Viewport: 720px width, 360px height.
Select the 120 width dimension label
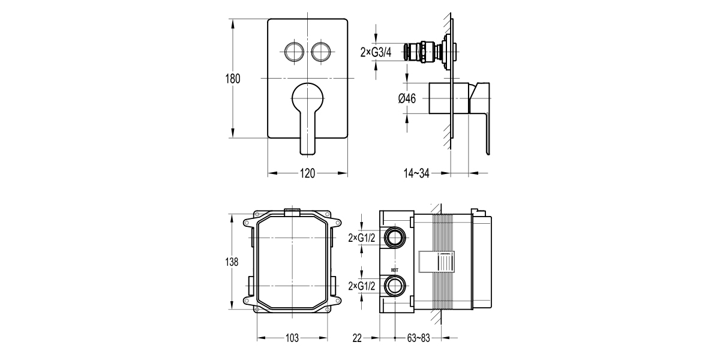pyautogui.click(x=307, y=174)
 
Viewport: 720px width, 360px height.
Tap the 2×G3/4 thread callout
pyautogui.click(x=376, y=52)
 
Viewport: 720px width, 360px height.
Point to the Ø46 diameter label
pyautogui.click(x=407, y=99)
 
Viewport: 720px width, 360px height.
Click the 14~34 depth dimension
pyautogui.click(x=416, y=174)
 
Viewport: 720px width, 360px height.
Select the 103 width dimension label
pyautogui.click(x=292, y=338)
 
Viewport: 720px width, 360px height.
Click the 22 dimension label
pyautogui.click(x=358, y=338)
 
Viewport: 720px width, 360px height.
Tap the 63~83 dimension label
pyautogui.click(x=419, y=338)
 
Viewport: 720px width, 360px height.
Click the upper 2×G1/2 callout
pyautogui.click(x=362, y=238)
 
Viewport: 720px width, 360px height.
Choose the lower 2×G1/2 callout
pyautogui.click(x=362, y=286)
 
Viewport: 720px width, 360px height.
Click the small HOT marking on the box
pyautogui.click(x=394, y=271)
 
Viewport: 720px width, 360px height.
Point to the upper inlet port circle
pyautogui.click(x=394, y=238)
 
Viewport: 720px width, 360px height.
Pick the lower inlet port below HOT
pyautogui.click(x=394, y=286)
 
